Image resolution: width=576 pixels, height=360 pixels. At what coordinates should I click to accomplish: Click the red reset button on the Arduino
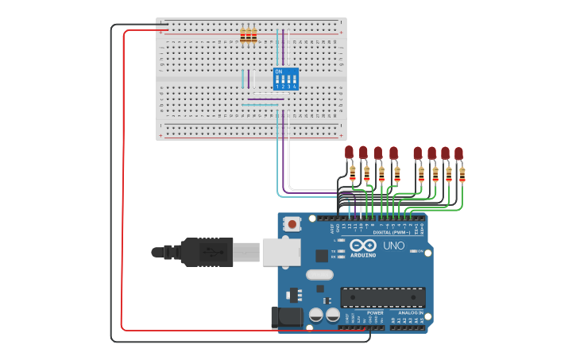pyautogui.click(x=292, y=225)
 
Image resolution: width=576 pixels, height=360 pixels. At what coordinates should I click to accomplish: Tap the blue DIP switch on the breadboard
pyautogui.click(x=285, y=79)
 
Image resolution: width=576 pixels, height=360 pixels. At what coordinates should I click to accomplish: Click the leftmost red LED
pyautogui.click(x=349, y=152)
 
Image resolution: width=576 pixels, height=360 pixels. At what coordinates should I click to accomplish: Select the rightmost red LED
pyautogui.click(x=458, y=153)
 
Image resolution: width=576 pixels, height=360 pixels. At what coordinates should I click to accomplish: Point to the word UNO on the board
pyautogui.click(x=394, y=246)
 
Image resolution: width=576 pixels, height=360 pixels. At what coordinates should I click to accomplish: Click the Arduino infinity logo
pyautogui.click(x=363, y=246)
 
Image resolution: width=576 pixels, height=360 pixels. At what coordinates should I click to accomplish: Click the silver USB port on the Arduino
pyautogui.click(x=280, y=252)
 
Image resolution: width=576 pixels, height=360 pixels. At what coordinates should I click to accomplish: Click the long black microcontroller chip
pyautogui.click(x=382, y=297)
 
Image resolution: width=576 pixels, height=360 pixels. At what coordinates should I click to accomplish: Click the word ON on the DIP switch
pyautogui.click(x=278, y=72)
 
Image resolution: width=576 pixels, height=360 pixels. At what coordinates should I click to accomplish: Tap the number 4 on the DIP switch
pyautogui.click(x=294, y=86)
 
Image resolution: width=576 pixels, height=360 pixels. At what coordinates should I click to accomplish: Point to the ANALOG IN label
pyautogui.click(x=411, y=313)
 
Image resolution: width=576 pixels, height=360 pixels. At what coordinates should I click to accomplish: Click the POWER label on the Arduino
pyautogui.click(x=375, y=313)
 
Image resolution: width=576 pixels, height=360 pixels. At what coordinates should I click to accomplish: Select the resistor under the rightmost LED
pyautogui.click(x=462, y=174)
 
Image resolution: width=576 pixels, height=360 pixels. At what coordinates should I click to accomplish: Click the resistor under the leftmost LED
pyautogui.click(x=352, y=172)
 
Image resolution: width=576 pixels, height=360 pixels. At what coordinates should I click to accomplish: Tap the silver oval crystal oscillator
pyautogui.click(x=319, y=275)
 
